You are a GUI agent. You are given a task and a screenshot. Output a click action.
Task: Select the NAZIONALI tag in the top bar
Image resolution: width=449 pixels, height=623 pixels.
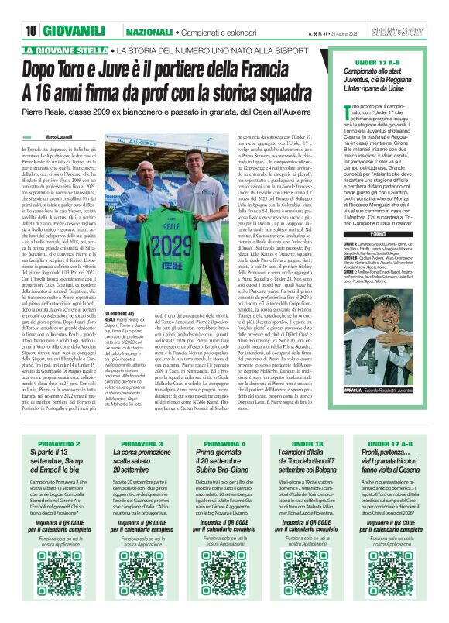149,9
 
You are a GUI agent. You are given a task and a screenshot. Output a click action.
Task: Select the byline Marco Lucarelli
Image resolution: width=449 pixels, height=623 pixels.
63,136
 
